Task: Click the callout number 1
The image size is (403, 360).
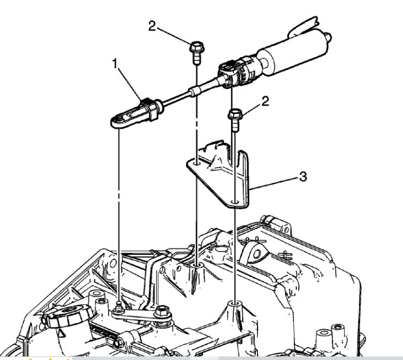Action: pos(117,62)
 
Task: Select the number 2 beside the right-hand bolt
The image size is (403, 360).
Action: pos(265,101)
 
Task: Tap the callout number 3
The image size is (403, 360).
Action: pos(303,177)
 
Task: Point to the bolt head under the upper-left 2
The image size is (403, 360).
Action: pos(196,47)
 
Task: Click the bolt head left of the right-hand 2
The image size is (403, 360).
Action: pos(236,114)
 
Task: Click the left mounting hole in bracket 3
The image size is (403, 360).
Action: pos(196,159)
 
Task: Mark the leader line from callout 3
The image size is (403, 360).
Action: pos(276,182)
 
